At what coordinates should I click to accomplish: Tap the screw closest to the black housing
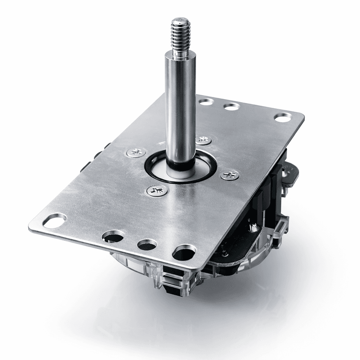230,175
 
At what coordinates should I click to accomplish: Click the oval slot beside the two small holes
283,117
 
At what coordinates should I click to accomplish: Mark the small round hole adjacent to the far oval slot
231,106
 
